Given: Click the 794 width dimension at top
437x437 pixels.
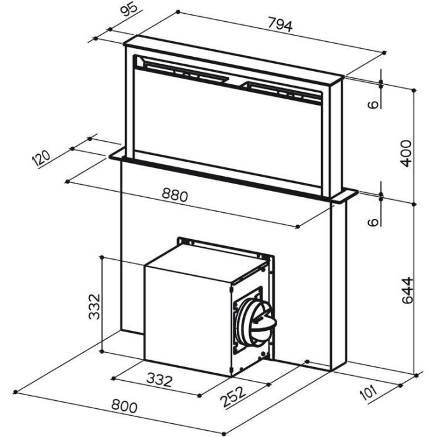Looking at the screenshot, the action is [x=280, y=24].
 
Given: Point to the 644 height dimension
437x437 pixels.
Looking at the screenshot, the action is [x=408, y=290].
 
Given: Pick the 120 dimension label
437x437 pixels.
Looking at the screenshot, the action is [x=42, y=159].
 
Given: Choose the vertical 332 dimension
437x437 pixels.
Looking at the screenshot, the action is [x=94, y=307].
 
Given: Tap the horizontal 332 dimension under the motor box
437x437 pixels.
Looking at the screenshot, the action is [x=159, y=380].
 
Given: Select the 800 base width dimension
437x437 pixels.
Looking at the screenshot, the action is [x=124, y=406].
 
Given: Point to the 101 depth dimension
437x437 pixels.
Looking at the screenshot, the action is [x=368, y=392].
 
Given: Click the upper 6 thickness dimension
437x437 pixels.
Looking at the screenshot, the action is [x=373, y=104].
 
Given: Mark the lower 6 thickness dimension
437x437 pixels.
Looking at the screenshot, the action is [x=373, y=222].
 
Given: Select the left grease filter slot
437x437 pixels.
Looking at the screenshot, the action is [x=185, y=72].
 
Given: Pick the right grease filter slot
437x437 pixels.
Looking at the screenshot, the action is [x=283, y=91].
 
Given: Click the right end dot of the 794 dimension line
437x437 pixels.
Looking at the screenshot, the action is [x=385, y=52].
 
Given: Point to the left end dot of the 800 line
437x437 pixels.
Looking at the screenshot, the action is [x=16, y=392].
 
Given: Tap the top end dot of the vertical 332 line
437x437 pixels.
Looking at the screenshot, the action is [x=102, y=257].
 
